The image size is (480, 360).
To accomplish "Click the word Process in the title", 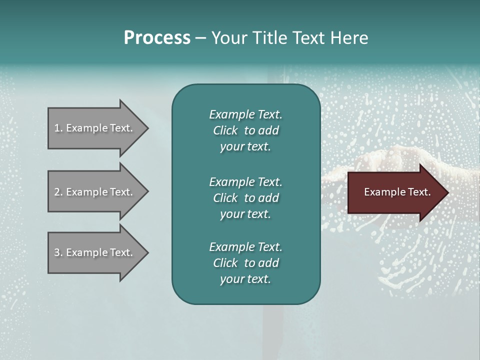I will (157, 38).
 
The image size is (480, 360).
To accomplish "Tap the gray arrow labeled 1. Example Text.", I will (95, 128).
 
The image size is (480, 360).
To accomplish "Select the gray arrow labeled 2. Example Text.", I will (95, 192).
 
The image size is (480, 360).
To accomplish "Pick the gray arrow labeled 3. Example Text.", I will (95, 252).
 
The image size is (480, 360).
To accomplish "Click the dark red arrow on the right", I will (395, 192).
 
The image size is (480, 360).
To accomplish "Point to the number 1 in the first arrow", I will (57, 128).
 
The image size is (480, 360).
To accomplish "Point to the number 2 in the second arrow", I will (57, 192).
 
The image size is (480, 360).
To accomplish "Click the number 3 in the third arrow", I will (57, 252).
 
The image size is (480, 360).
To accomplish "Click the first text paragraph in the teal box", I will (245, 130).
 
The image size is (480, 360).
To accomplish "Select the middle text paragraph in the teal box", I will (245, 198).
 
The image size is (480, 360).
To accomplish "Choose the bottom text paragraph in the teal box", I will (245, 263).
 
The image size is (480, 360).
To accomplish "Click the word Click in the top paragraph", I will (225, 130).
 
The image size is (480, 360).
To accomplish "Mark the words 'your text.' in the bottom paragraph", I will (245, 279).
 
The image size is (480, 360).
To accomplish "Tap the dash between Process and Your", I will (200, 38).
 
